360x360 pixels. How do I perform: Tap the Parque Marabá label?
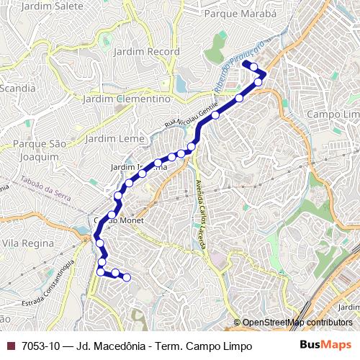pos(240,13)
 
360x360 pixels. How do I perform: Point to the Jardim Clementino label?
pos(127,99)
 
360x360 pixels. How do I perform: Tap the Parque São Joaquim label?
pos(39,150)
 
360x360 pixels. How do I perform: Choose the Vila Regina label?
pos(29,244)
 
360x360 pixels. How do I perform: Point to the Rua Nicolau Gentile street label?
pos(191,114)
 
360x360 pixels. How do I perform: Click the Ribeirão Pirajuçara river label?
pos(238,65)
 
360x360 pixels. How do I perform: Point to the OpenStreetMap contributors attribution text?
pos(297,323)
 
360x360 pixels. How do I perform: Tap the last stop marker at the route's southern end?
pos(127,277)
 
